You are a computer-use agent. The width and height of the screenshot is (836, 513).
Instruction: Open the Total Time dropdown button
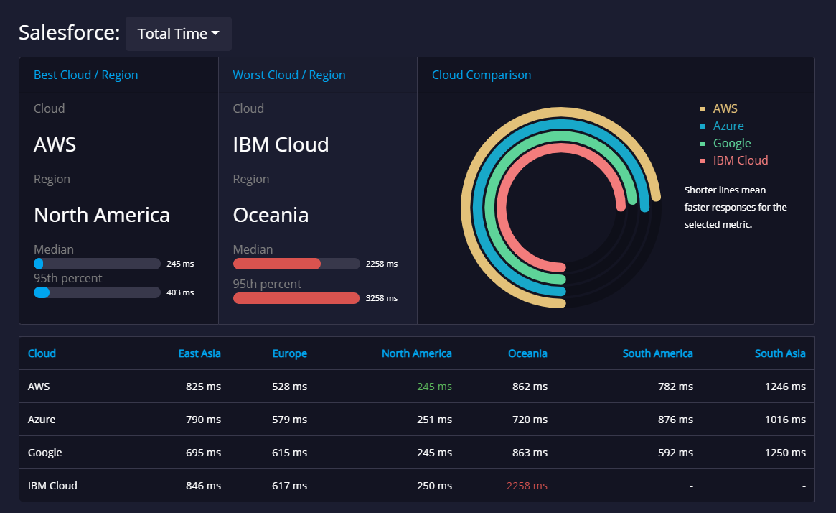pos(178,34)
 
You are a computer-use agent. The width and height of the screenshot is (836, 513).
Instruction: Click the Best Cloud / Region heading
pos(85,75)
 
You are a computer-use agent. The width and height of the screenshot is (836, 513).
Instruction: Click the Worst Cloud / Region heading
pos(288,75)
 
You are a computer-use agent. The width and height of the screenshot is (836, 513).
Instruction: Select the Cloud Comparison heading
pos(482,75)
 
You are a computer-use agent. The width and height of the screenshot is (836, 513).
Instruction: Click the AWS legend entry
pos(725,109)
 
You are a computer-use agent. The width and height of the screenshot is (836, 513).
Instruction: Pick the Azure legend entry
pos(728,126)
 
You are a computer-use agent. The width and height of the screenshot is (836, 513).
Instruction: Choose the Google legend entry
pos(731,144)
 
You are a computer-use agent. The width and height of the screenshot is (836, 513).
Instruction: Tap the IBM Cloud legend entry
pos(740,161)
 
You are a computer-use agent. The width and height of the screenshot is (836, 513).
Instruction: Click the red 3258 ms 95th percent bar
pos(296,298)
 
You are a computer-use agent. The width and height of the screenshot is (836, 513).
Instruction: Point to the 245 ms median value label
pos(179,264)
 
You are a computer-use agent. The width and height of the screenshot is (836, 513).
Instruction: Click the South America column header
pos(657,353)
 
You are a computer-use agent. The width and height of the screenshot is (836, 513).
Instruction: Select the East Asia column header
pos(199,353)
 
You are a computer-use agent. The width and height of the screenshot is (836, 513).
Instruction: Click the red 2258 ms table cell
pos(527,486)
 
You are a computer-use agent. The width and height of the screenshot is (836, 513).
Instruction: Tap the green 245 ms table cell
pos(434,387)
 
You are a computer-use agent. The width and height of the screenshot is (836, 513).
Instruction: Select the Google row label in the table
pos(44,453)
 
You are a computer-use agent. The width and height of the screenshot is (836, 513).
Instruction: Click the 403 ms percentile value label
pos(179,292)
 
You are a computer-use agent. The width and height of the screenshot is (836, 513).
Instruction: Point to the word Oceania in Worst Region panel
pos(271,215)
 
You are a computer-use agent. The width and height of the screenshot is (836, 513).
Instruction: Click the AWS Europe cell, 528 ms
pos(289,387)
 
